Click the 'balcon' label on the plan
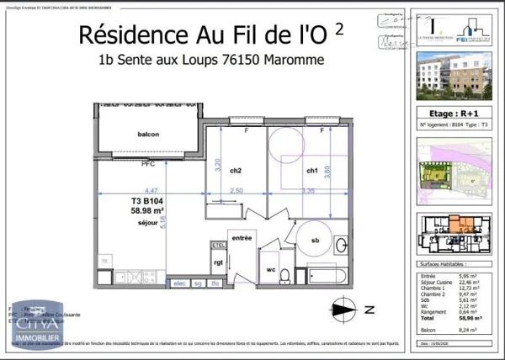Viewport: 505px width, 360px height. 148,135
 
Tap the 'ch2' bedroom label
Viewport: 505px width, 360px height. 236,171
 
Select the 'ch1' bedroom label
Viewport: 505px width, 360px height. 311,171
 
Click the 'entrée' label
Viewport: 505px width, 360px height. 242,238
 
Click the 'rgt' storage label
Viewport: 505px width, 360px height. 218,261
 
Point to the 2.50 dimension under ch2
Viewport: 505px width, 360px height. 237,192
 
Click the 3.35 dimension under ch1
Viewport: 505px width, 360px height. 309,192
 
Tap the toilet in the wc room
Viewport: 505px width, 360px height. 285,273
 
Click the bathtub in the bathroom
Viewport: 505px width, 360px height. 327,274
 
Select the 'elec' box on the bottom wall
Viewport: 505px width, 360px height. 178,283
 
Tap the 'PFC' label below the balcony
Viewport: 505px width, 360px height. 148,164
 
